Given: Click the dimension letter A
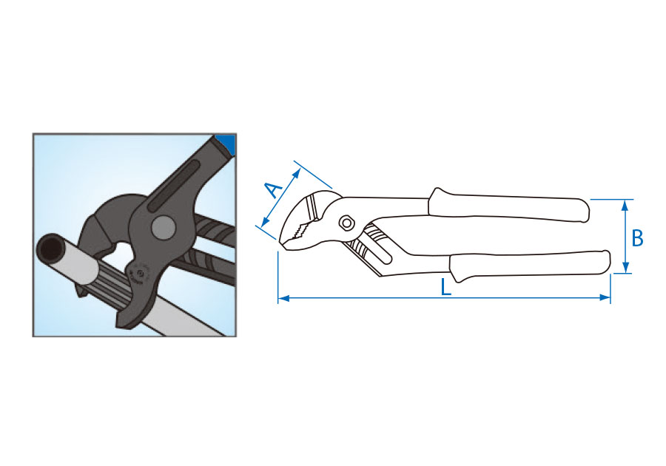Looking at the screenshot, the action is point(274,189).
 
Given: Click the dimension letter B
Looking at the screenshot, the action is point(637,238).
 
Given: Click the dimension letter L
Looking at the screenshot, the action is point(445,287).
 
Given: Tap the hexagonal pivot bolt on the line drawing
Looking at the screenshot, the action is point(346,223).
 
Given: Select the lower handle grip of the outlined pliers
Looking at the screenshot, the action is point(530,266).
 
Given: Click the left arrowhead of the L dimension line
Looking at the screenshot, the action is point(283,298).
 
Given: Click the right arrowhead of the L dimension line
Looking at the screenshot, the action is point(605,297).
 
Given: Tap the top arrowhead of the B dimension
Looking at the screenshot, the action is point(625,205).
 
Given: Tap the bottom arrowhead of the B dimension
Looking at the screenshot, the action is point(625,268).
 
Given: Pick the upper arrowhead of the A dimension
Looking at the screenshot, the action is point(297,173).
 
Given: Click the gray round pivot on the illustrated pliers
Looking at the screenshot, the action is point(163,228).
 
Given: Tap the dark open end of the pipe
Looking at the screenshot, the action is point(51,249).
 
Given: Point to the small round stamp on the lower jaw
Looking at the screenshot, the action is point(139,274).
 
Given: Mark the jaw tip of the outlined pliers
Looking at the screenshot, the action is point(283,243).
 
